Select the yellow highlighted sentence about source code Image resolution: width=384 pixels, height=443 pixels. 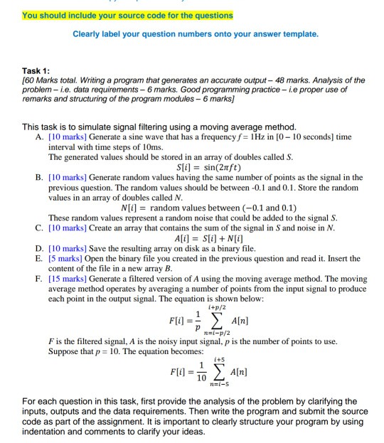click(117, 15)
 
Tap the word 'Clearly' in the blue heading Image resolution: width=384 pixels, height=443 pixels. click(88, 33)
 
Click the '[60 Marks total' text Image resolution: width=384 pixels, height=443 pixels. click(46, 80)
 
